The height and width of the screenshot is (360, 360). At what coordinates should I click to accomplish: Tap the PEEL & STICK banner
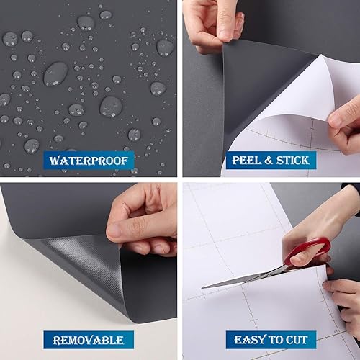pyautogui.click(x=270, y=159)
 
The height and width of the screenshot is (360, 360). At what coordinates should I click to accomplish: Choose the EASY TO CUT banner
pyautogui.click(x=270, y=339)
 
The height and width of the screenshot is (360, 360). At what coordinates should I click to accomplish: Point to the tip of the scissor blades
pyautogui.click(x=204, y=287)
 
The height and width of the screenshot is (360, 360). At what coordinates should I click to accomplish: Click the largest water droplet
pyautogui.click(x=55, y=73)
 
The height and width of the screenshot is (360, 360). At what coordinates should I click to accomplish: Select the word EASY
pyautogui.click(x=247, y=339)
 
